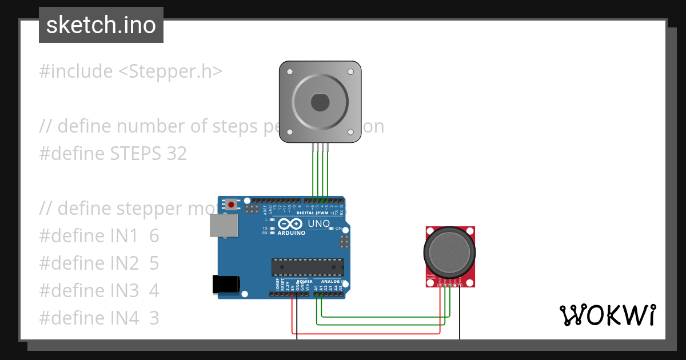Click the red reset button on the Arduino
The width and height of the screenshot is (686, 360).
pyautogui.click(x=231, y=204)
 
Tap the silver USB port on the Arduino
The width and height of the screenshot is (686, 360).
pyautogui.click(x=224, y=225)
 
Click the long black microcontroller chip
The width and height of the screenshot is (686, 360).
pyautogui.click(x=308, y=267)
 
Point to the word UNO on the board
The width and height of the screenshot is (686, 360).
pyautogui.click(x=318, y=223)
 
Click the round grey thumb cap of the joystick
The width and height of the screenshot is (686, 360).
pyautogui.click(x=449, y=252)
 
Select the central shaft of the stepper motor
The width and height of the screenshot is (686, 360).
pyautogui.click(x=320, y=103)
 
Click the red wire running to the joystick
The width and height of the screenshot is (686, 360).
pyautogui.click(x=366, y=333)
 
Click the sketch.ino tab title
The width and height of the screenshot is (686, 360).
pyautogui.click(x=101, y=25)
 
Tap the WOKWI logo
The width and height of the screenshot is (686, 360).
pyautogui.click(x=607, y=315)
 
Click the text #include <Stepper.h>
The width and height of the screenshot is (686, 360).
pyautogui.click(x=130, y=71)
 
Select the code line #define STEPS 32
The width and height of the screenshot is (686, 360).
pyautogui.click(x=113, y=154)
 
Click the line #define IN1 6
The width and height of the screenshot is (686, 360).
pyautogui.click(x=99, y=236)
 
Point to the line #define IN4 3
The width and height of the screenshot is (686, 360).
pyautogui.click(x=99, y=318)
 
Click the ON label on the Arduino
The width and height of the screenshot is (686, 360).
pyautogui.click(x=338, y=228)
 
